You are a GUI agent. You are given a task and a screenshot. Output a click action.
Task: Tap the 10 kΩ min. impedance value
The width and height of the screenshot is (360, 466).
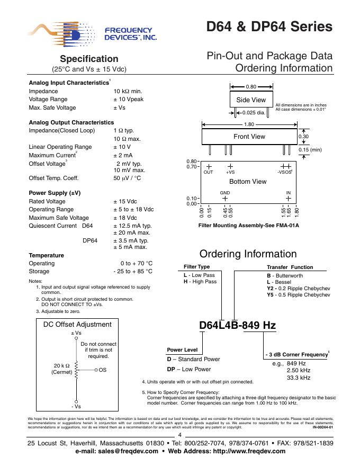coord(127,91)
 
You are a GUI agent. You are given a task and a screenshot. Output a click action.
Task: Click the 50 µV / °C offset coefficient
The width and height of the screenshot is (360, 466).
coord(127,178)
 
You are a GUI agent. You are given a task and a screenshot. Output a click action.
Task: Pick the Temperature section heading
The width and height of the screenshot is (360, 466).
coord(46,255)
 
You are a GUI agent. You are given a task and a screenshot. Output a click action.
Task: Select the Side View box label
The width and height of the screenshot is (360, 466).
coord(251,100)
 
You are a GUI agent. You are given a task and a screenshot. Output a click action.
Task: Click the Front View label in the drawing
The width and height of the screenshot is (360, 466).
coord(249,137)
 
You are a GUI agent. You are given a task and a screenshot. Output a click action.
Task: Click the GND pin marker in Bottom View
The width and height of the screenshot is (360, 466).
coord(225,199)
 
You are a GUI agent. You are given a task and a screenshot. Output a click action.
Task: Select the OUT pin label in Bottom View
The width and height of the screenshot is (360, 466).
coord(209,173)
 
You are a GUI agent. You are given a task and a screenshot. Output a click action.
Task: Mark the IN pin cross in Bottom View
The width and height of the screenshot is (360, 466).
coord(289,199)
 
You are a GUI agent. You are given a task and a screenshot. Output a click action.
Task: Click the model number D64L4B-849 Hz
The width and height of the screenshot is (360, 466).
coord(237,325)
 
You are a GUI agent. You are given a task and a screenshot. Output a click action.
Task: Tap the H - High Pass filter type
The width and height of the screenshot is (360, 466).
coord(200,282)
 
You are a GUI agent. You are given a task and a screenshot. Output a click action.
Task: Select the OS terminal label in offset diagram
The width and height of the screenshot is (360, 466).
coord(103,369)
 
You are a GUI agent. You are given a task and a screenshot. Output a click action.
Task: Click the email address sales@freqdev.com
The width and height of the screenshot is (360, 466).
coord(117,451)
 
